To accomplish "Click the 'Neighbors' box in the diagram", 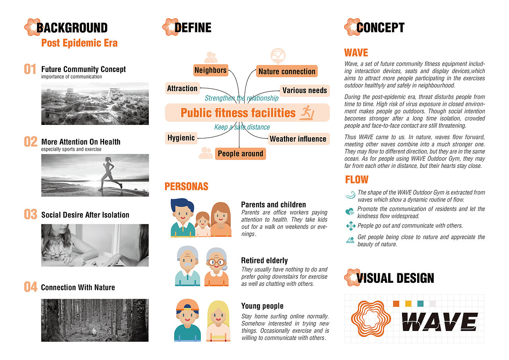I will [210, 70].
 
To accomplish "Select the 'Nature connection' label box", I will [287, 72].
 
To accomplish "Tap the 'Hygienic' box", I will [181, 138].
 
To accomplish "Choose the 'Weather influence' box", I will [298, 139].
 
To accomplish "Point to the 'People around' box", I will [240, 154].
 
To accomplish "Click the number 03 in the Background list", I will [31, 214].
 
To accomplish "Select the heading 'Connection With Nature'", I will [78, 287].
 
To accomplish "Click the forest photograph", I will [95, 320].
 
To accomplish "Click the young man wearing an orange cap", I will [187, 321].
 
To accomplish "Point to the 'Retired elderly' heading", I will [264, 261].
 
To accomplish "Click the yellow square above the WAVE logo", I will [408, 304].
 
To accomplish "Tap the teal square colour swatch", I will [420, 304].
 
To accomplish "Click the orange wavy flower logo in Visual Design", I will [371, 319].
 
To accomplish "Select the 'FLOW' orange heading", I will [357, 179].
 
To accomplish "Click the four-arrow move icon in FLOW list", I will [350, 226].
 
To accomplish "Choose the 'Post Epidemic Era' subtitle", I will [80, 43].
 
